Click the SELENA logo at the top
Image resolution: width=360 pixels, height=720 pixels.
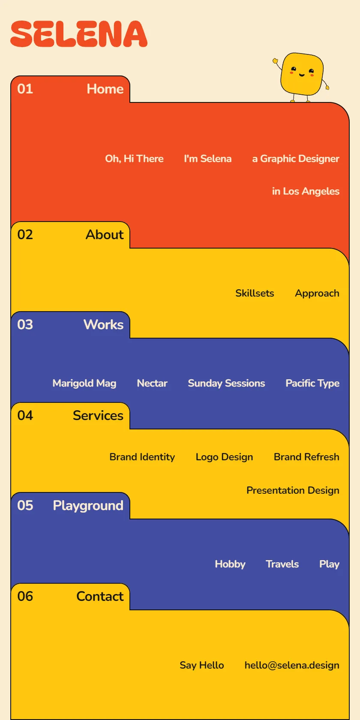79,34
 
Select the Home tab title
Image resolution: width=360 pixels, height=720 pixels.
105,89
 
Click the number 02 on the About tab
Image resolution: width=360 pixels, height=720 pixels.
25,235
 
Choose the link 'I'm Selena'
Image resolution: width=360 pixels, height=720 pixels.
207,159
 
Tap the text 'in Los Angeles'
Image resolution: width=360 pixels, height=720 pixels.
306,191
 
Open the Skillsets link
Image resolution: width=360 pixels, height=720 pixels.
255,293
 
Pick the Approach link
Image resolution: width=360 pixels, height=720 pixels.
317,294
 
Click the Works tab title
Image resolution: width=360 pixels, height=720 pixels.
104,325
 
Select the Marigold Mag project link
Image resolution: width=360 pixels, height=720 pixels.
84,383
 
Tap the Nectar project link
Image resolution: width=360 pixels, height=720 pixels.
152,383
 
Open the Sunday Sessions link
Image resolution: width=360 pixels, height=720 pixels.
226,383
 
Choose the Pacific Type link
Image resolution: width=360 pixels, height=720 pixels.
312,383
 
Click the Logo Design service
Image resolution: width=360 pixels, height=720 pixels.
225,457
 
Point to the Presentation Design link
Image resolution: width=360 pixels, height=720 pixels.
293,490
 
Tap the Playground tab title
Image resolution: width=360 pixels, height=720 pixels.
88,506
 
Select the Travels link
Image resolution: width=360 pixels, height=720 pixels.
282,564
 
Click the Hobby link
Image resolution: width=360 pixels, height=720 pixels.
230,564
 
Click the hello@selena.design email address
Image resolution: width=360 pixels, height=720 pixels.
292,665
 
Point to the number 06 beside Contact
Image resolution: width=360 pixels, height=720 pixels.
25,597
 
